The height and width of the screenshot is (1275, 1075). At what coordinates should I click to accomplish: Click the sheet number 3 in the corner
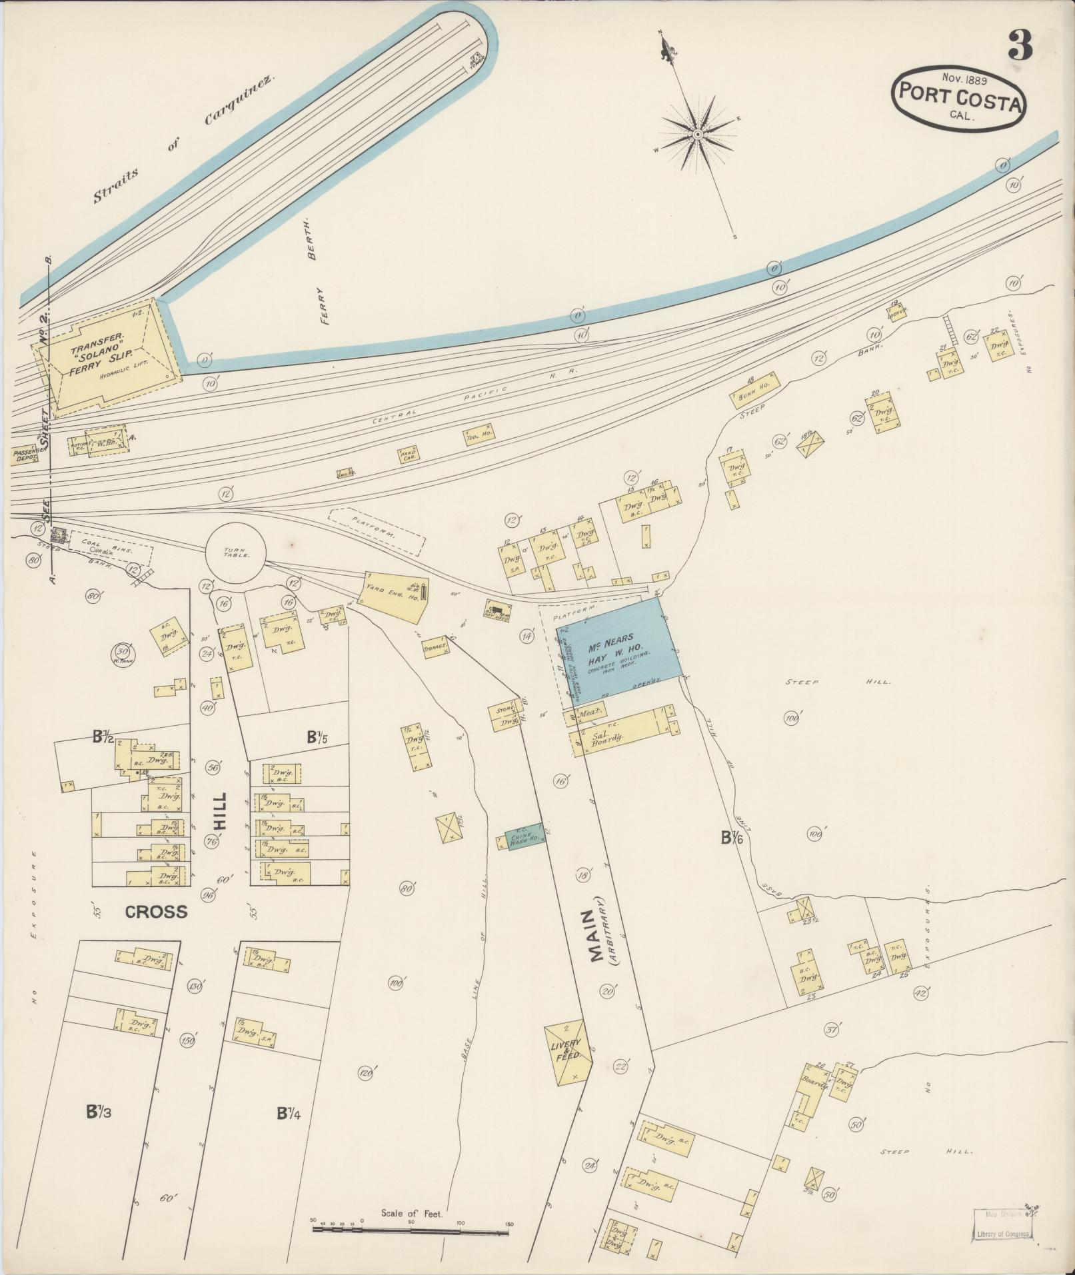1019,46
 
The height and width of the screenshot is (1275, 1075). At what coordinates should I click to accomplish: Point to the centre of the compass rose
697,135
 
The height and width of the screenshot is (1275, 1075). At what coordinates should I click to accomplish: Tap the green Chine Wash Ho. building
524,840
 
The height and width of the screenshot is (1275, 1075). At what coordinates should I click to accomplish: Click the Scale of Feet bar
411,1224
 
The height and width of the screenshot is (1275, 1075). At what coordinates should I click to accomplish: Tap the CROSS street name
156,911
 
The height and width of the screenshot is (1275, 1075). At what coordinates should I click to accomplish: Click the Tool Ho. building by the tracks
481,435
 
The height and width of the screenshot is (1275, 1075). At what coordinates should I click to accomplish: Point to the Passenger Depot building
27,455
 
